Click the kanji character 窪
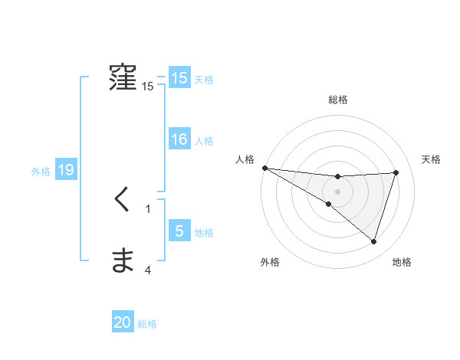point(123,78)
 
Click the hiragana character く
point(123,201)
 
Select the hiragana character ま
point(123,262)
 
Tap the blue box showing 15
point(179,78)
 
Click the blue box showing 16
point(179,139)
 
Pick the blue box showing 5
point(179,231)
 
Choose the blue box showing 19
point(65,170)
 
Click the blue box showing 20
point(123,323)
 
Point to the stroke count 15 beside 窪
point(147,87)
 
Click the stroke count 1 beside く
point(148,208)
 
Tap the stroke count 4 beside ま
point(148,270)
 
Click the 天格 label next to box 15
point(204,80)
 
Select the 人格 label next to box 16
point(204,141)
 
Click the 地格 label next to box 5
point(204,233)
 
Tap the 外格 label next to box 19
point(41,172)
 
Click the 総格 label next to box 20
point(147,325)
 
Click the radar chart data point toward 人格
point(264,168)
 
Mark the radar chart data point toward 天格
point(396,172)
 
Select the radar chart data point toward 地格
point(373,241)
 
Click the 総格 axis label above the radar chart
point(337,100)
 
